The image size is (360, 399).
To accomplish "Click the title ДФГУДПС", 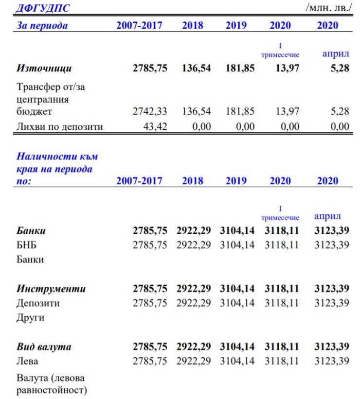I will (x=43, y=7).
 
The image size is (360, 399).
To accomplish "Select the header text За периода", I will (x=42, y=26).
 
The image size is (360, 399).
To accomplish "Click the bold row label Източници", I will (x=44, y=68).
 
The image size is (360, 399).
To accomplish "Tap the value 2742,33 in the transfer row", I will (x=150, y=111).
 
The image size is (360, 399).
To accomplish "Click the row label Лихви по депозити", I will (x=60, y=127).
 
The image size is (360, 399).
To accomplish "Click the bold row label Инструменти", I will (x=51, y=289).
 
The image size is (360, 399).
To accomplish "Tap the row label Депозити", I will (x=38, y=303).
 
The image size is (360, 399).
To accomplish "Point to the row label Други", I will (x=31, y=318).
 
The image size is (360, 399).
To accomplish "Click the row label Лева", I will (x=27, y=362).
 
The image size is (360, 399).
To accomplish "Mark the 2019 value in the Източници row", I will (x=239, y=68).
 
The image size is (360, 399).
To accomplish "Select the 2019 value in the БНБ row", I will (x=237, y=245).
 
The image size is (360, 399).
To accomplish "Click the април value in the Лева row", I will (x=332, y=362).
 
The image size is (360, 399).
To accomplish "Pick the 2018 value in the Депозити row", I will (x=194, y=303).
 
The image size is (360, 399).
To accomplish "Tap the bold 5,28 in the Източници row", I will (x=340, y=68).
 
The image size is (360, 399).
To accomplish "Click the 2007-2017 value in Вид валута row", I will (x=150, y=347).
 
